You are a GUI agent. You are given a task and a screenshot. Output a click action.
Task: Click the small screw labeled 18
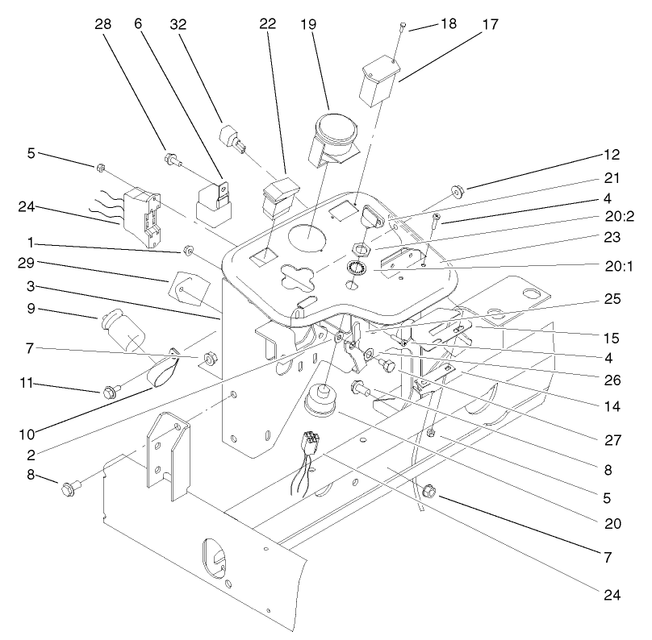400,28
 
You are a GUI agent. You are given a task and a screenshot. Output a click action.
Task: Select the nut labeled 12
458,191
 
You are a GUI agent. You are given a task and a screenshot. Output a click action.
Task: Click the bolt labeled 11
109,393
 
